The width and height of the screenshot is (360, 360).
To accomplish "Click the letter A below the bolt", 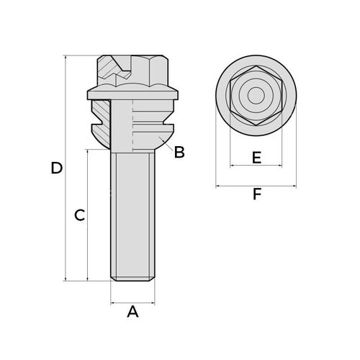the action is (132, 312).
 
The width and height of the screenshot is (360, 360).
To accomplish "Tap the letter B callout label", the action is (179, 152).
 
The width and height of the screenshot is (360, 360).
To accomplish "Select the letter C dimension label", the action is (79, 215).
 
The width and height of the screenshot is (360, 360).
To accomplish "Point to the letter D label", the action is (57, 168).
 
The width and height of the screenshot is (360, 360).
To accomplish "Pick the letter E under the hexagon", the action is (256, 158).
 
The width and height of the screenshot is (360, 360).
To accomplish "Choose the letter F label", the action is (257, 194).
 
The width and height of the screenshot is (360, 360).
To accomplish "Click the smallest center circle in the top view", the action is (256, 96).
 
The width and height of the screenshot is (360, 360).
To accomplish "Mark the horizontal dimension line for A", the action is (132, 303).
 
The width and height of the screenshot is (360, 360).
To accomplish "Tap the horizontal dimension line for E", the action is (256, 166).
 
